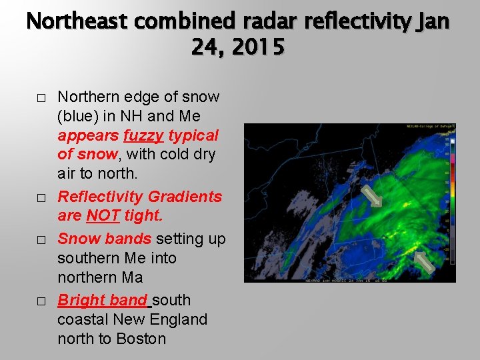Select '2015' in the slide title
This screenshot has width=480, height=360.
click(257, 48)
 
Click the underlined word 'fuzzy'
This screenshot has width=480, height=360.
click(143, 135)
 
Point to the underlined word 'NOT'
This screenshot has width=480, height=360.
click(104, 216)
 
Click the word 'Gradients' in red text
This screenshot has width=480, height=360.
click(185, 197)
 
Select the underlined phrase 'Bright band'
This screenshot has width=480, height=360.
click(103, 300)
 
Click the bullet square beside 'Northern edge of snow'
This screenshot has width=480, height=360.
click(41, 98)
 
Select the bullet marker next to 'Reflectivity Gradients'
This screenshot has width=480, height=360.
click(41, 198)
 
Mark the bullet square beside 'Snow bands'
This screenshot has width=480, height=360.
click(41, 240)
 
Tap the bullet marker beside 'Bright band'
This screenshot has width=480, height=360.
click(41, 301)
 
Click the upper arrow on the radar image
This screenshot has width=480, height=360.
click(371, 196)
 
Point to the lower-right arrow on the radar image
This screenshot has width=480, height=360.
click(425, 261)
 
